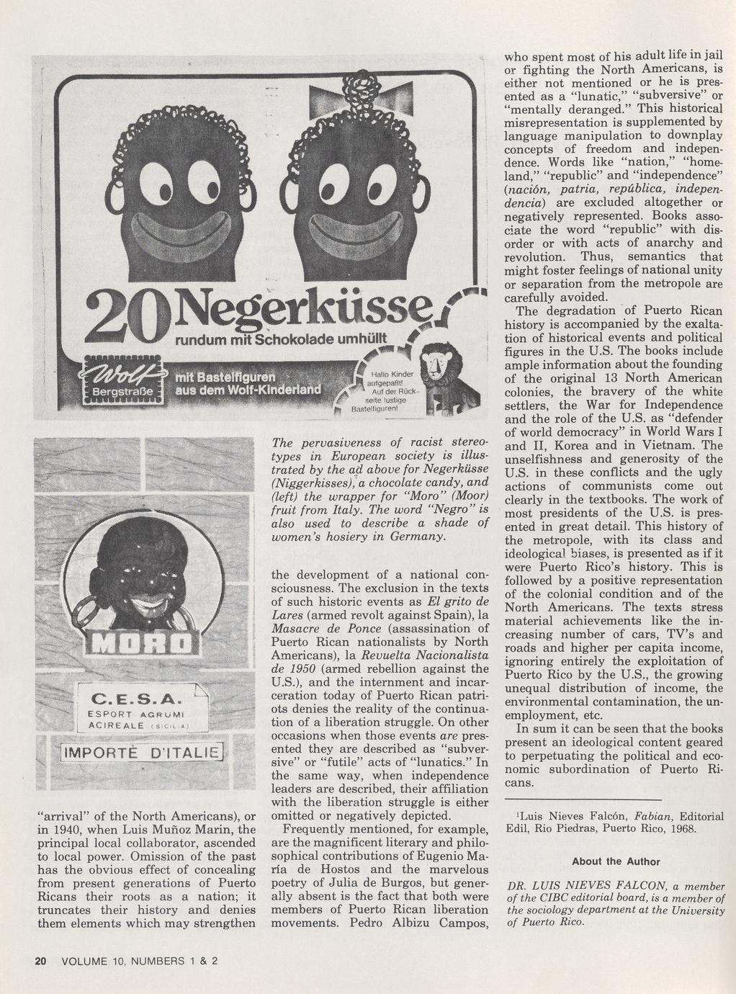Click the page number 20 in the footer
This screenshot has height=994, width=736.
40,961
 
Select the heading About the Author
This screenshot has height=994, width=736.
616,861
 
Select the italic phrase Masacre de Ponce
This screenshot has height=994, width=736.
326,629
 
